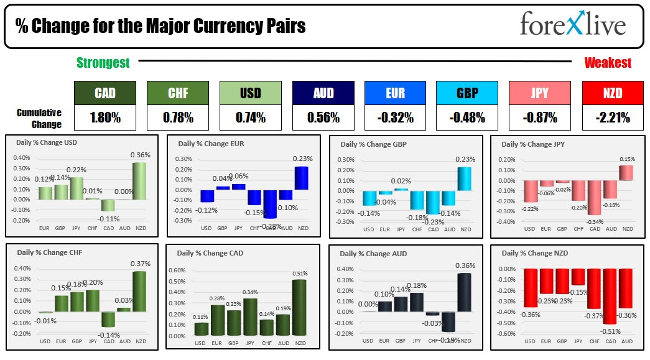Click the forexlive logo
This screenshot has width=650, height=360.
572,25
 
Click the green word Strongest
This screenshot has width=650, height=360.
103,62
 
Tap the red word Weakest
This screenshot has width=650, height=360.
608,62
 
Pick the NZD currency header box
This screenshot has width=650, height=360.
612,93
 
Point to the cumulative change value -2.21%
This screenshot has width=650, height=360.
612,117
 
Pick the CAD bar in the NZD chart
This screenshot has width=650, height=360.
610,296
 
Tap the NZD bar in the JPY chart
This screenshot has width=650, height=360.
626,173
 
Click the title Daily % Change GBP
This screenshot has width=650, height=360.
369,144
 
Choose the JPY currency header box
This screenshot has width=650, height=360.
540,93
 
